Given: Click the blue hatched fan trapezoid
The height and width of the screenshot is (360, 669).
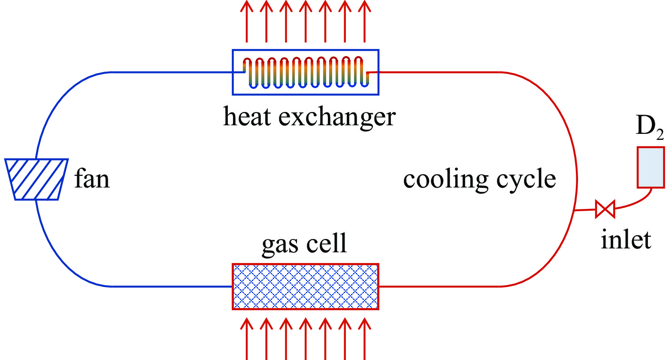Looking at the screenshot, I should click(36, 179).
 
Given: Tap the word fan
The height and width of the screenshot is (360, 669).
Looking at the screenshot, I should click(92, 179).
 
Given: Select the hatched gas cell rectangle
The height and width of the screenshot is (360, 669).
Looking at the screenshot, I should click(305, 286).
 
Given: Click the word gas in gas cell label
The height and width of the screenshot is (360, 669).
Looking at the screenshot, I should click(279, 244).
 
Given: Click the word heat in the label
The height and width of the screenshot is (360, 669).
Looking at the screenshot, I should click(247, 117).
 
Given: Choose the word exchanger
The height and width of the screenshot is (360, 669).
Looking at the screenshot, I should click(337, 117).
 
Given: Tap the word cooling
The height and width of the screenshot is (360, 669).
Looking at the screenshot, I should click(445, 179).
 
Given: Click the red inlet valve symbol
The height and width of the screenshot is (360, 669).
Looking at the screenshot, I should click(605, 209).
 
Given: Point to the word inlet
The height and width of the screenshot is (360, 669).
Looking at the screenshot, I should click(626, 239).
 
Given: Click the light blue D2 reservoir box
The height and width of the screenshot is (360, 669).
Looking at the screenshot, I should click(651, 167).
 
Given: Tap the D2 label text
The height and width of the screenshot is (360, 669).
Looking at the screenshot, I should click(649, 127).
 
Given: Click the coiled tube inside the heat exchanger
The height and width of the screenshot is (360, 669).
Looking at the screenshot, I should click(306, 72).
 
